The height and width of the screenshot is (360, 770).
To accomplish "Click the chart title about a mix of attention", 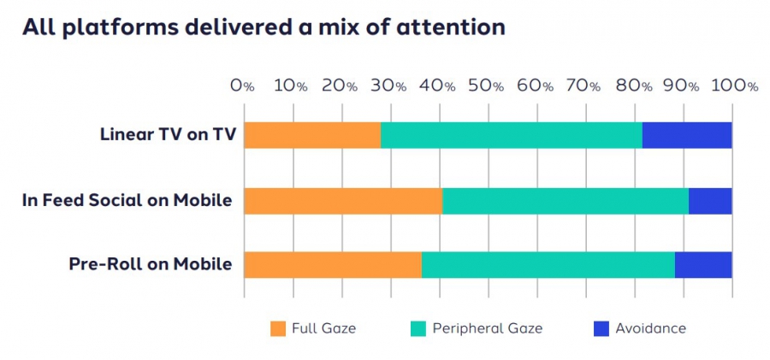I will (x=264, y=27).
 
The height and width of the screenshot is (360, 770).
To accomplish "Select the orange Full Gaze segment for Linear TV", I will (x=312, y=135).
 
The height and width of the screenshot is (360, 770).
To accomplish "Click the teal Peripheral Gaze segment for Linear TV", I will (x=511, y=135).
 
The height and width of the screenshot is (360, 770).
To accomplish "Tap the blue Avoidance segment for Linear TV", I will (x=687, y=135).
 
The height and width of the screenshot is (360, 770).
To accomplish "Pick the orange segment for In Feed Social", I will (x=343, y=200).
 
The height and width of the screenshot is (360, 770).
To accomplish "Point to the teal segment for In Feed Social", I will (x=566, y=200).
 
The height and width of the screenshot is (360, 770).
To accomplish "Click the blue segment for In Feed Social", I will (x=710, y=200).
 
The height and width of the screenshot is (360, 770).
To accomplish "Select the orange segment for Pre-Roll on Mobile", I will (x=333, y=264).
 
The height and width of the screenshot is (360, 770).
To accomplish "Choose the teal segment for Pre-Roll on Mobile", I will (x=548, y=264).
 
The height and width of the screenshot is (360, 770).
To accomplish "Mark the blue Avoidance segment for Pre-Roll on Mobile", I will (x=703, y=264).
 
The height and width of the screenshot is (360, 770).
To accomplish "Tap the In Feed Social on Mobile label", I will (x=127, y=200).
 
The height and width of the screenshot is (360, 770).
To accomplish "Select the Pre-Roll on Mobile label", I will (x=151, y=264).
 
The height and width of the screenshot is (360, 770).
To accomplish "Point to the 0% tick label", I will (x=243, y=86).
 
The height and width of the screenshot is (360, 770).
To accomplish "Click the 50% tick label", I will (x=486, y=86).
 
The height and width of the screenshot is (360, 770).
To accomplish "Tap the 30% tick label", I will (x=388, y=86).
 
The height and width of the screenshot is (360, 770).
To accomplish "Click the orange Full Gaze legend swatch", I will (x=277, y=328).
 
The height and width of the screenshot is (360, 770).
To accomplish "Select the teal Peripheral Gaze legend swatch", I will (x=418, y=328).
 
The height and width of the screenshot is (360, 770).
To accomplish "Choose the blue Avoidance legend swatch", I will (x=600, y=328).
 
